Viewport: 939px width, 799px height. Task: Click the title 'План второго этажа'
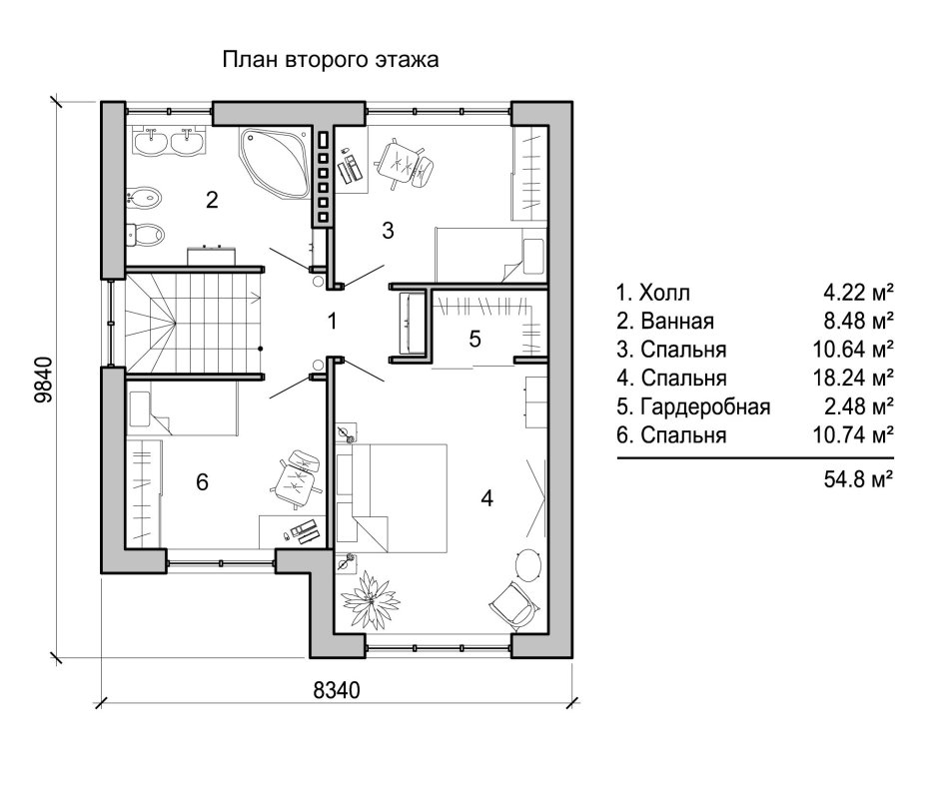tap(331, 61)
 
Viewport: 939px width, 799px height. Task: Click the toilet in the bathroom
tap(146, 235)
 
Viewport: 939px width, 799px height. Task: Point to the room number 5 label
tap(475, 339)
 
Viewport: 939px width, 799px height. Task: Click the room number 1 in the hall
tap(333, 321)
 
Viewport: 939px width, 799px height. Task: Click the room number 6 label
tap(202, 482)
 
